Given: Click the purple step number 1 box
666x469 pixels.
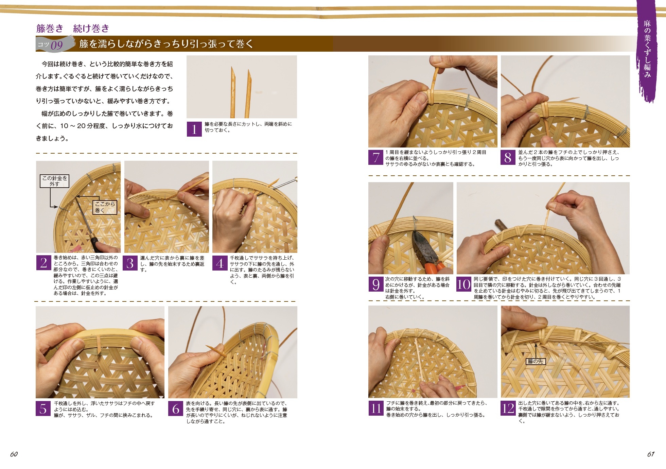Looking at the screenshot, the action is pos(194,129).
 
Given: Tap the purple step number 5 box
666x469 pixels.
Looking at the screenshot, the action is pos(43,409).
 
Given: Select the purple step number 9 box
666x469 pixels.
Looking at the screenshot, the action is pos(376,284).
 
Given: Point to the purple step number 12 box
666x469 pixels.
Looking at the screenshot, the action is pos(508,408).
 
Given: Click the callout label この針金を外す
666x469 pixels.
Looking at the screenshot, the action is pos(54,181).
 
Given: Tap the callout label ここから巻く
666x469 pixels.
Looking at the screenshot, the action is pos(105,207).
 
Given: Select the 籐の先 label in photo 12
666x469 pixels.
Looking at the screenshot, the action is pos(535,361).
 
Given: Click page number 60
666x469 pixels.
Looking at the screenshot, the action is pos(14,454).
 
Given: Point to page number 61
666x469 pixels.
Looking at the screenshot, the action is pos(651,454).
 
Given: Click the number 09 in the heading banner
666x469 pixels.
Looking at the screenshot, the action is pos(57,45).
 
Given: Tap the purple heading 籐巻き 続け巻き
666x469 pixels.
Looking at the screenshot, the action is pos(73,28).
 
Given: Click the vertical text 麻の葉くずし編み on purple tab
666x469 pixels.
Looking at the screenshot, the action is pos(647,49).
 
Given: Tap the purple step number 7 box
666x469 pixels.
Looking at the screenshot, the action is pos(376,157).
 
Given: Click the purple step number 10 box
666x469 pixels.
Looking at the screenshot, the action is pos(464,284).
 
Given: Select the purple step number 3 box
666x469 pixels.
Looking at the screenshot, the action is pos(130,263).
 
